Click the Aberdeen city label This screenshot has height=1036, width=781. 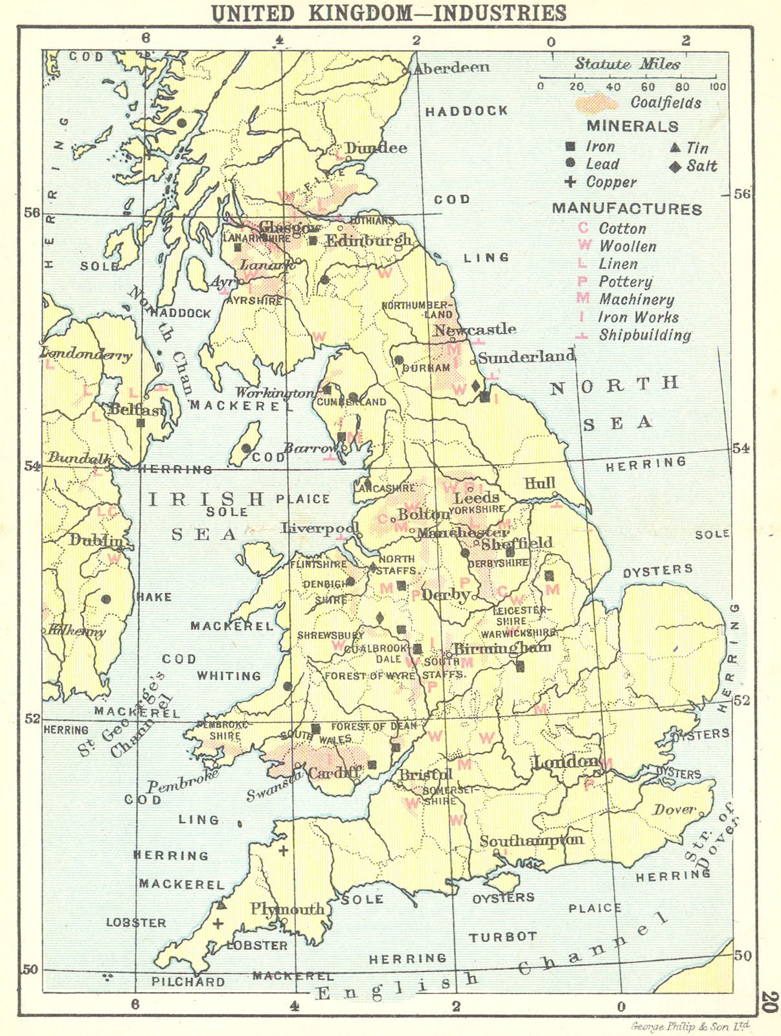tap(451, 67)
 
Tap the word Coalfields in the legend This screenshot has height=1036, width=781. tap(666, 103)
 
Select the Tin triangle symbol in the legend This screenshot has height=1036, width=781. tap(675, 148)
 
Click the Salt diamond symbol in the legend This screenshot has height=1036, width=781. tap(675, 167)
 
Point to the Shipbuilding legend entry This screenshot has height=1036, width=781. tap(644, 335)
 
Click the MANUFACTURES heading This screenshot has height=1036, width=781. tap(627, 209)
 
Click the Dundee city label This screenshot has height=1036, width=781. tap(376, 148)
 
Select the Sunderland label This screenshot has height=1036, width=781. tap(526, 357)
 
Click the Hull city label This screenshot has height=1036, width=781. tap(540, 484)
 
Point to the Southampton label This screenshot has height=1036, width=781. tap(531, 840)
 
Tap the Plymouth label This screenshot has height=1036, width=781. tap(288, 909)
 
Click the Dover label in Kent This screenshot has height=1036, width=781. tap(674, 809)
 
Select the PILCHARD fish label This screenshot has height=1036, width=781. tap(188, 982)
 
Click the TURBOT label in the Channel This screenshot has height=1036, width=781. tap(503, 936)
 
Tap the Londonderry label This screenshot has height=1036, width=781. tap(85, 354)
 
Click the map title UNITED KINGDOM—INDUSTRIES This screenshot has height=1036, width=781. tap(389, 13)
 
